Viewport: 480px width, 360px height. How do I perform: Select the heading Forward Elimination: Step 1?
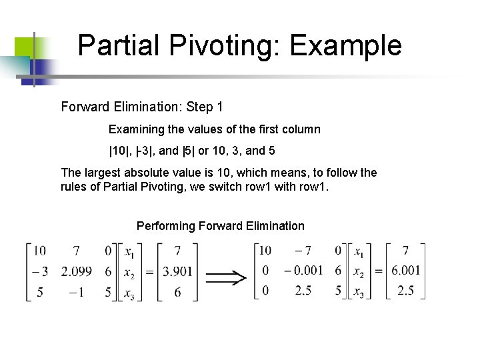tap(142, 107)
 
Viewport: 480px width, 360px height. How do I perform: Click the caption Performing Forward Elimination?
tap(220, 226)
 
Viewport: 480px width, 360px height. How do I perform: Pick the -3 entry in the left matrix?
tap(39, 271)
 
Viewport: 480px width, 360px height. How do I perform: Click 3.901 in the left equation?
tap(177, 271)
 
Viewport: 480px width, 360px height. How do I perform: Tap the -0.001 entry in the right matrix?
tap(303, 271)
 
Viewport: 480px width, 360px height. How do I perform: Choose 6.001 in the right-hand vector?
tap(406, 271)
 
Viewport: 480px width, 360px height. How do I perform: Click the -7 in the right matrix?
tap(304, 250)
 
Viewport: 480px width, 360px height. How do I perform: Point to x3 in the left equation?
tap(129, 293)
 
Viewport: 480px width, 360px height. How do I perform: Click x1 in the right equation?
tap(359, 251)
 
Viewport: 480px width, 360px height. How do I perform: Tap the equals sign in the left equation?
tap(149, 272)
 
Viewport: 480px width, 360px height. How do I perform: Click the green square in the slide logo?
tap(25, 46)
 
